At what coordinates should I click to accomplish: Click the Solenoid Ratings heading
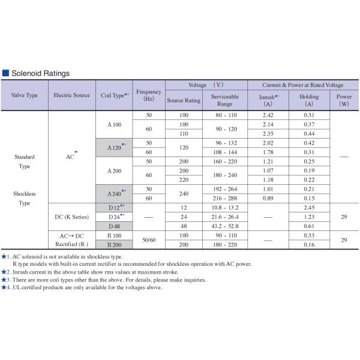pos(40,73)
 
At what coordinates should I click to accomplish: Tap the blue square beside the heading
pos(5,73)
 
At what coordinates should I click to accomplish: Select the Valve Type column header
pos(25,95)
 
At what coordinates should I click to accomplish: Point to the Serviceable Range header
pos(224,100)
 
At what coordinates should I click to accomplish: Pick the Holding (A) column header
pos(309,100)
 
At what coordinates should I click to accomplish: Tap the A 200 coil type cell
pos(114,171)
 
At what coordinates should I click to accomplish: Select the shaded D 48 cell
pos(114,226)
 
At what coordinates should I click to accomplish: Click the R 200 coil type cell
pos(114,245)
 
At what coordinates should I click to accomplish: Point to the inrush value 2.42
pos(268,115)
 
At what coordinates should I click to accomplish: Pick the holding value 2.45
pos(309,206)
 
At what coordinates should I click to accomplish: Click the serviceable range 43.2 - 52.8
pos(224,226)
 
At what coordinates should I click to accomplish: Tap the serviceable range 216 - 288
pos(224,198)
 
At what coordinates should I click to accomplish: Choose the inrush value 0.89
pos(268,198)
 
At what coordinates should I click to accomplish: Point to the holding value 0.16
pos(309,245)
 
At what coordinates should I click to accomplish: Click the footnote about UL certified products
pos(84,287)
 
